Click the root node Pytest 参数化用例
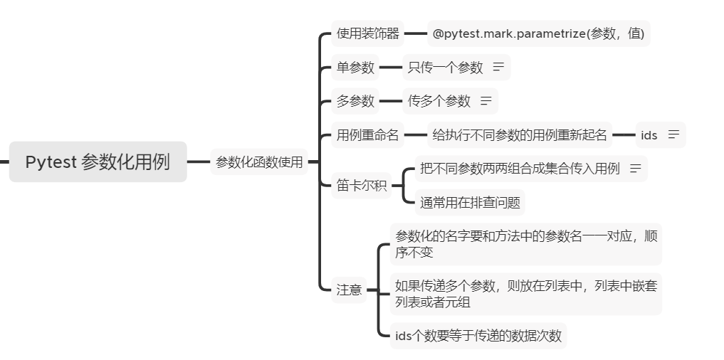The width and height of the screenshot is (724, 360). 98,162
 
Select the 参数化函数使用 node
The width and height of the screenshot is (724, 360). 259,162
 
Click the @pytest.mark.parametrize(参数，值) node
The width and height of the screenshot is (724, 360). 538,33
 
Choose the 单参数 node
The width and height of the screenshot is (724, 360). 355,68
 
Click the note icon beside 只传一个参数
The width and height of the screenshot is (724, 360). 498,67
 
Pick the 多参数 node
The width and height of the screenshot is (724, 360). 355,101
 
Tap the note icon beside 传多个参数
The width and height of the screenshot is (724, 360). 486,101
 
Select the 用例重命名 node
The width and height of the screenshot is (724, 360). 367,134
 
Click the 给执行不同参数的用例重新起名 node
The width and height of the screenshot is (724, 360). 520,134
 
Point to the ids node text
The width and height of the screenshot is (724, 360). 649,134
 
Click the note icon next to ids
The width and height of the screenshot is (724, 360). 673,134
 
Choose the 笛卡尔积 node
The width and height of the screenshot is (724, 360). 362,186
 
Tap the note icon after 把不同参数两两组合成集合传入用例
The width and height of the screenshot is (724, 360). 635,169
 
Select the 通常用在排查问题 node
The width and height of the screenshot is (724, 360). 470,203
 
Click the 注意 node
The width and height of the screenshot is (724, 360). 349,290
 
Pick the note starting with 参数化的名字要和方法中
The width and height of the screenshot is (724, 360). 525,244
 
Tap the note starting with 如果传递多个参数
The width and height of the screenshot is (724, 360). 525,294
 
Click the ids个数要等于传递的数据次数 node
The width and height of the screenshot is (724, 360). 478,336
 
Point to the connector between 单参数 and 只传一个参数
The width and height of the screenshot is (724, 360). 391,68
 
